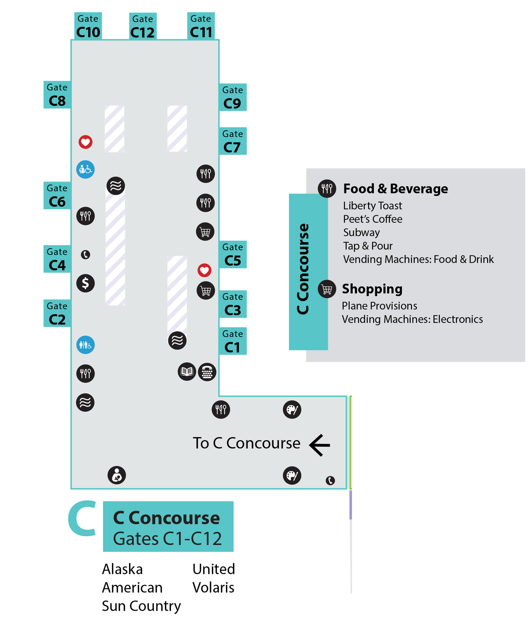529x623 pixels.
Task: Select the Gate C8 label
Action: (57, 95)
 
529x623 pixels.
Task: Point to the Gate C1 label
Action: (232, 341)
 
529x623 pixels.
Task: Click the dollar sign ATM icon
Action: (85, 283)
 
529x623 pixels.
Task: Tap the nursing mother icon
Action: (117, 475)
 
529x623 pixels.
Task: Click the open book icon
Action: (187, 372)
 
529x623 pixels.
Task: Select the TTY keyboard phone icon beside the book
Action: (207, 372)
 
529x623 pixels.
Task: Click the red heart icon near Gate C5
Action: (204, 270)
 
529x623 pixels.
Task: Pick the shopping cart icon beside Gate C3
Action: (206, 291)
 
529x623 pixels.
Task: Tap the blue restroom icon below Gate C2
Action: (85, 345)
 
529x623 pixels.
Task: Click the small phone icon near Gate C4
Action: (85, 255)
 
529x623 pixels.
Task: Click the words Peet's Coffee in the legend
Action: (373, 219)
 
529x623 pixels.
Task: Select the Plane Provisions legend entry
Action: (379, 306)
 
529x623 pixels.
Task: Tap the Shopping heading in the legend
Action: (372, 289)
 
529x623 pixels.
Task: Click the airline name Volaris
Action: (213, 587)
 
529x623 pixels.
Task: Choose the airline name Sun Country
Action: (141, 606)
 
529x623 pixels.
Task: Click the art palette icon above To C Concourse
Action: (292, 410)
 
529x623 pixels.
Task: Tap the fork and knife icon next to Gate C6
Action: (85, 216)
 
